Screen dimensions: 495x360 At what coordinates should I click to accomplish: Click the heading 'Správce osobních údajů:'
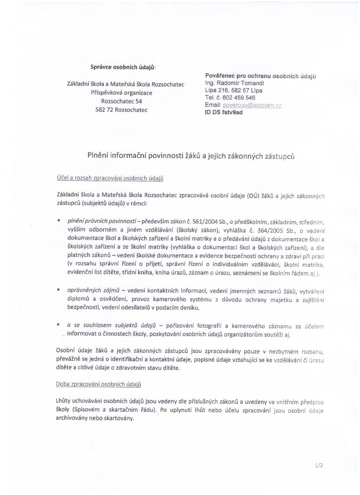click(123, 67)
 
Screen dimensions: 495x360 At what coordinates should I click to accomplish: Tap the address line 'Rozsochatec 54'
click(121, 101)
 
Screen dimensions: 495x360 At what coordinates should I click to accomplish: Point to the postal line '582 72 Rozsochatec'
click(121, 109)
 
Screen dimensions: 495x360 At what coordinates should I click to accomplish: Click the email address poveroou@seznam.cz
click(253, 105)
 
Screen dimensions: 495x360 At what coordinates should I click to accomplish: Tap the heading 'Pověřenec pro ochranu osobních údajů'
click(260, 76)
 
